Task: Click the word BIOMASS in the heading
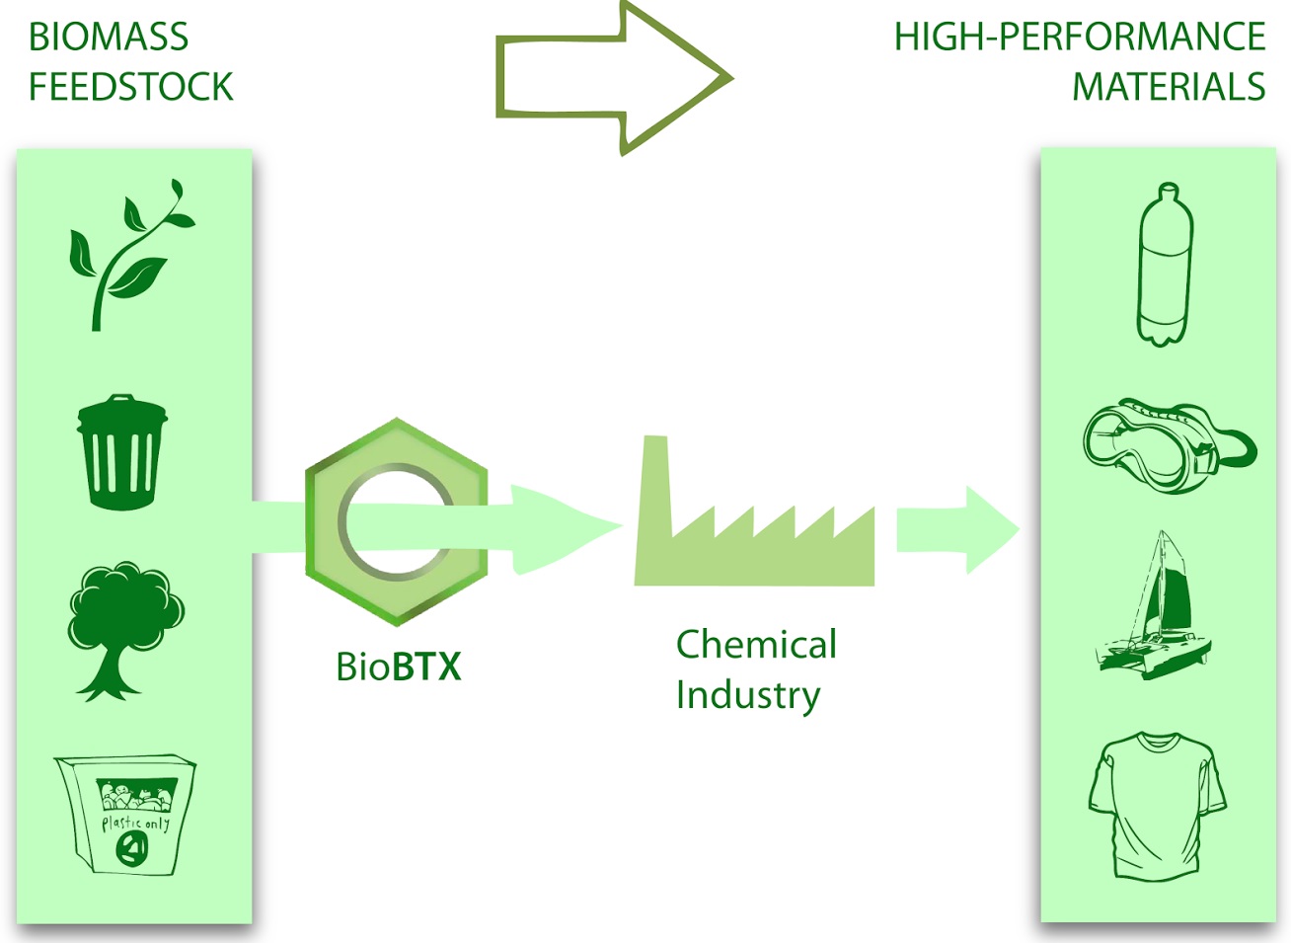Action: [109, 38]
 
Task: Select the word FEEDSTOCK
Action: [131, 87]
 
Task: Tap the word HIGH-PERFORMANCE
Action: [1079, 38]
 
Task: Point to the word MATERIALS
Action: [1169, 87]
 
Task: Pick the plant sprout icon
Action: [128, 255]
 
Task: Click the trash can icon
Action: [121, 452]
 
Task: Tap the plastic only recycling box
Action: [126, 815]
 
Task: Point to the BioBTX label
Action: [398, 667]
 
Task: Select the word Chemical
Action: [756, 645]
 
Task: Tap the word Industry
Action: [747, 694]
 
